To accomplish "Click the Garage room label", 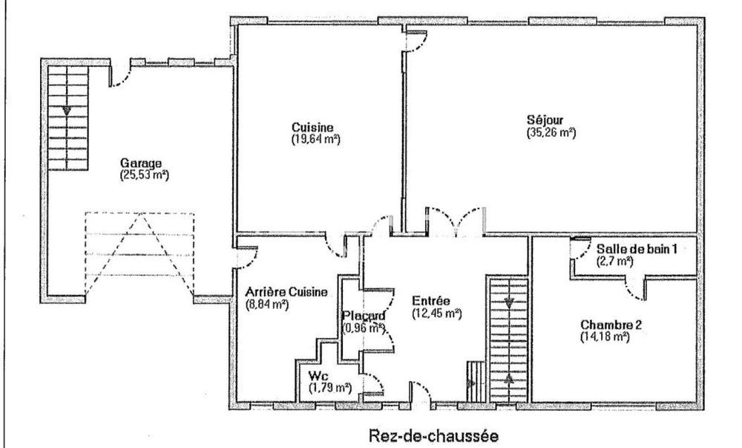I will point(140,163).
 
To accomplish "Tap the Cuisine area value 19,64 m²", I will point(315,138).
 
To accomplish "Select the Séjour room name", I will point(545,121).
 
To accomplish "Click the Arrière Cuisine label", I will point(286,292).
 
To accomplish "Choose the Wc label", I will point(316,376).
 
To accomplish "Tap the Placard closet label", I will point(363,316).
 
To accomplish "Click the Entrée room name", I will point(431,302).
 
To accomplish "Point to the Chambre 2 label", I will point(611,325).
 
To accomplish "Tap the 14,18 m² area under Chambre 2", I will point(605,337).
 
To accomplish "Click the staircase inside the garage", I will point(68,117).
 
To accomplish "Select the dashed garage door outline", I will point(139,253).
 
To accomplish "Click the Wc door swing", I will point(373,383).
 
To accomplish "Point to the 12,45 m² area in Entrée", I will point(437,314).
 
